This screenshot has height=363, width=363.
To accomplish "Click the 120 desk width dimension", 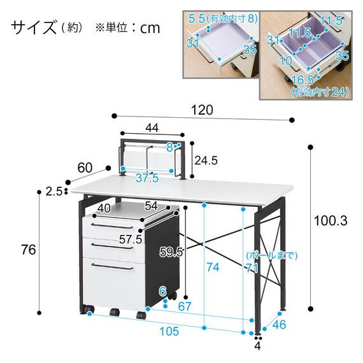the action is tap(202, 110).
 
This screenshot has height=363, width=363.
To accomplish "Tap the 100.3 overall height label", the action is tap(331, 221).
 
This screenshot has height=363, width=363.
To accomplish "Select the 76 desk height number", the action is tap(29, 250).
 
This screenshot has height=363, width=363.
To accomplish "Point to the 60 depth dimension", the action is tap(85, 168).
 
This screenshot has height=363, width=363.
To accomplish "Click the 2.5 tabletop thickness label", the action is tap(53, 192).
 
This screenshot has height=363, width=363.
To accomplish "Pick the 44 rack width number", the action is tap(152, 127).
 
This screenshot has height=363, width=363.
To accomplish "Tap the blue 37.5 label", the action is tap(147, 178).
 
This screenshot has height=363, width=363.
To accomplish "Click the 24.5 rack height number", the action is tap(206, 160).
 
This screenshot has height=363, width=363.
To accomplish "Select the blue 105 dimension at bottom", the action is tap(169, 331).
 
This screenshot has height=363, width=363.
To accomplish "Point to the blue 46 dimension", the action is tap(279, 324).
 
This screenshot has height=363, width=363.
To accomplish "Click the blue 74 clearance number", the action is tap(213, 267).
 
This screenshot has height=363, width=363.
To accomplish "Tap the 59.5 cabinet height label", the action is tap(171, 252).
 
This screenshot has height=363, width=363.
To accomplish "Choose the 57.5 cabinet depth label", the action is tap(131, 239).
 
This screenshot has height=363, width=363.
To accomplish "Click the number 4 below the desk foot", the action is tap(257, 346).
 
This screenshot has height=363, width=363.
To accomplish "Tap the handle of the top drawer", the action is tap(112, 225).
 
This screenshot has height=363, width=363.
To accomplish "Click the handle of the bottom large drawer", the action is tap(112, 266).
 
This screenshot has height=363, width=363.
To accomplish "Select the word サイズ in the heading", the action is tap(34, 27).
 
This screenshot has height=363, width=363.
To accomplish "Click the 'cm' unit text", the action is tap(150, 28).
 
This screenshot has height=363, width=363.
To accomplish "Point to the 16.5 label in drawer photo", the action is tap(302, 80).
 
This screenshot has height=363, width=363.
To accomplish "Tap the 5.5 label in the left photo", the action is tap(197, 18).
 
